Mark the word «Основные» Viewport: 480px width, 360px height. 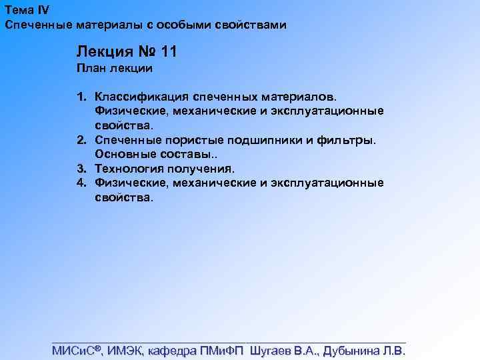click(121, 155)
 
